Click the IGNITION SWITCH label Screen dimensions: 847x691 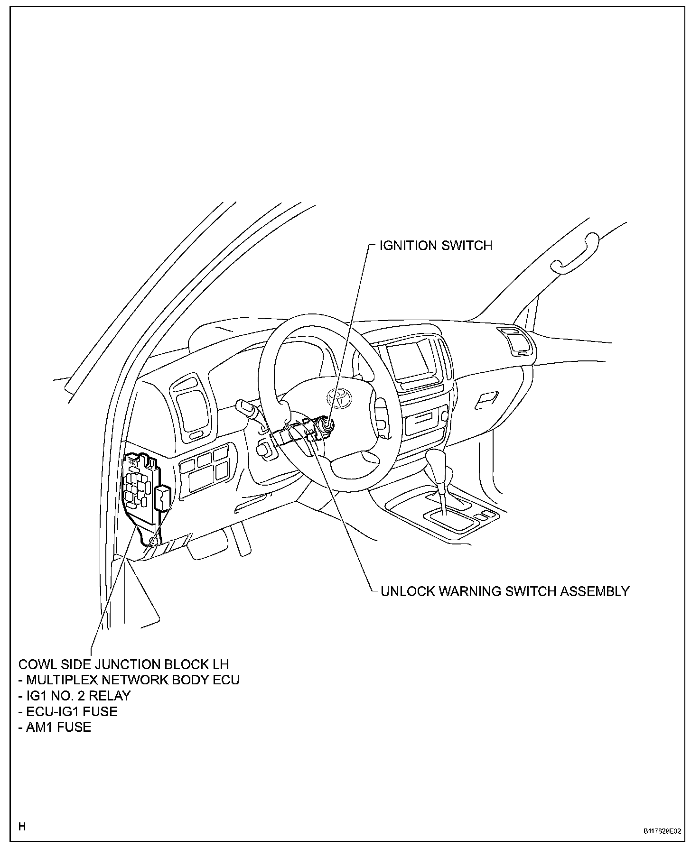436,246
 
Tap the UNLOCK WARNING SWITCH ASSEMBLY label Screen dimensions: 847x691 505,591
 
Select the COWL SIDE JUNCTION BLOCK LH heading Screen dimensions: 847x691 123,663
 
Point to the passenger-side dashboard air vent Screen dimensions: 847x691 516,342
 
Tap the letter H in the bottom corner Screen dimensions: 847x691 22,827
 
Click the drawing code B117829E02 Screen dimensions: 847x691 662,831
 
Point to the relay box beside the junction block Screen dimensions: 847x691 162,499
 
